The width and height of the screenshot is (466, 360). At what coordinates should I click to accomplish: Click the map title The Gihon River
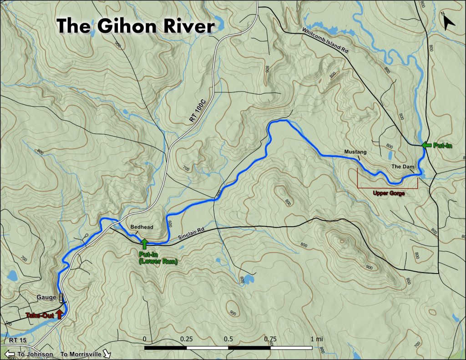(135, 26)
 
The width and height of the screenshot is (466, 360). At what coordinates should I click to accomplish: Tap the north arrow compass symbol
(448, 20)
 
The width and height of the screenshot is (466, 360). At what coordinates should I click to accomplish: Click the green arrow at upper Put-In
(426, 145)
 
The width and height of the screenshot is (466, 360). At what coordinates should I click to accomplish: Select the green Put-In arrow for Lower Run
(145, 243)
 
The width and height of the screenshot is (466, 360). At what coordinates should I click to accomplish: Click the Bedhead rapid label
(142, 227)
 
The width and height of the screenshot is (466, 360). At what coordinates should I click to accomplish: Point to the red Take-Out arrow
(59, 314)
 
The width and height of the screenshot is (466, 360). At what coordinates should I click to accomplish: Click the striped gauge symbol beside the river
(61, 298)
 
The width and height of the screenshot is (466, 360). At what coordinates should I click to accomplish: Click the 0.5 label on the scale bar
(228, 339)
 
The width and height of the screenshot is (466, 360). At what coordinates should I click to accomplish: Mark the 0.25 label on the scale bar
(186, 339)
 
